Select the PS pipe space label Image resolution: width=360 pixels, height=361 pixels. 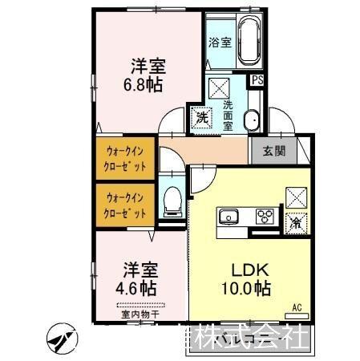click(x=257, y=80)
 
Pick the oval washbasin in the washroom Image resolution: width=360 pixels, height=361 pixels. click(x=251, y=120)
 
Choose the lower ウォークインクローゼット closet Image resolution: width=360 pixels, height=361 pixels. click(x=126, y=206)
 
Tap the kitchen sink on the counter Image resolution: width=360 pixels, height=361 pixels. click(x=229, y=217)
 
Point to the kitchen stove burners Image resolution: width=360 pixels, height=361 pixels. click(x=264, y=217)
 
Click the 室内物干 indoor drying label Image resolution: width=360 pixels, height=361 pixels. click(x=140, y=315)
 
